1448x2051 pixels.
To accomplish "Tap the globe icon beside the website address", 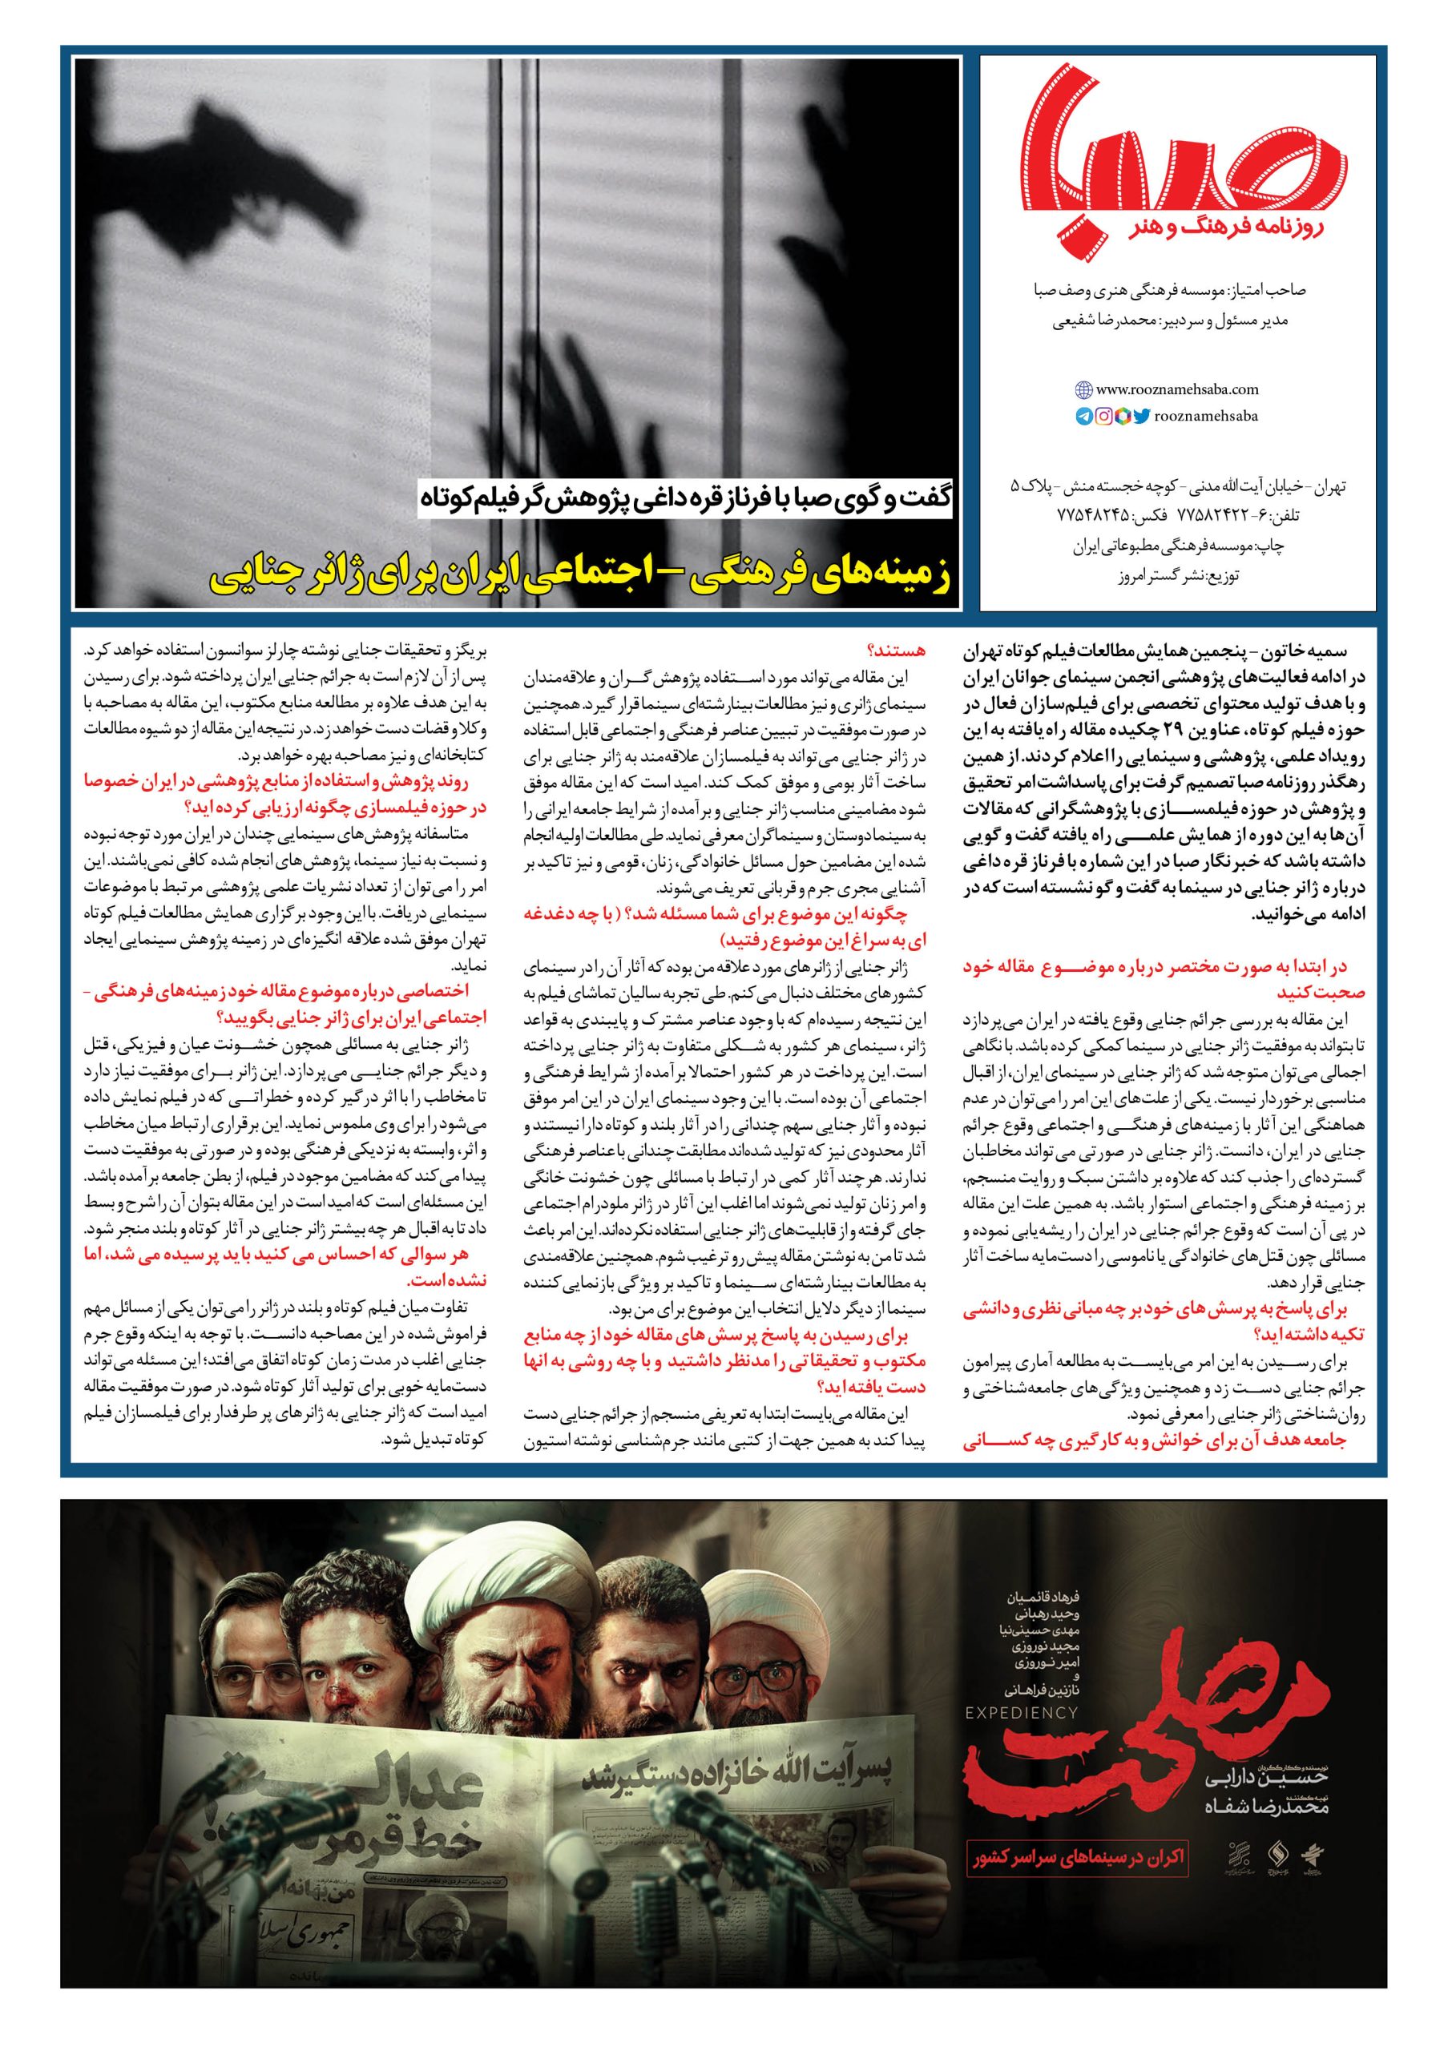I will (1083, 389).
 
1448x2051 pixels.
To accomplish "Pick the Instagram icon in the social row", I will (1105, 417).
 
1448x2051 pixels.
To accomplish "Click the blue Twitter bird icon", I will (1142, 417).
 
